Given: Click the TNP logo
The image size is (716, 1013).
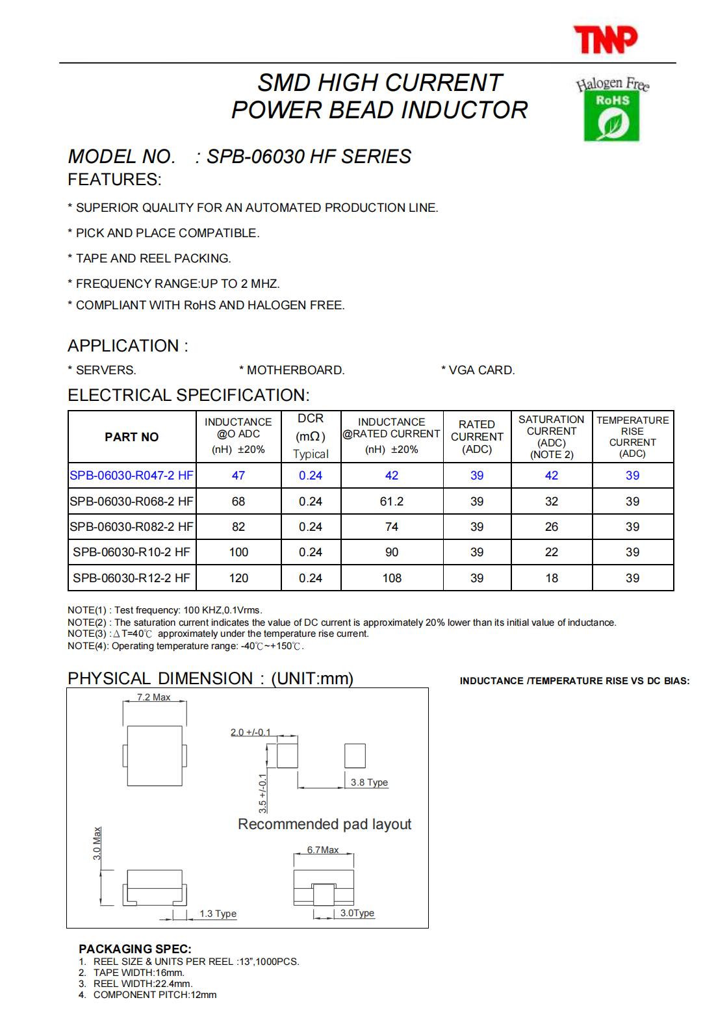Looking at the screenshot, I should point(605,40).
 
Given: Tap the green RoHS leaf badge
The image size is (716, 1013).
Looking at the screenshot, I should point(611,116).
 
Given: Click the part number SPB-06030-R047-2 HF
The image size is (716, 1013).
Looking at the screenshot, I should point(131,476).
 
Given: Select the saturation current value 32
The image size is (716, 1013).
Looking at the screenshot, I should point(552,502).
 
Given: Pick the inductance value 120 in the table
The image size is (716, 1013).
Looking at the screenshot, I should point(238,578).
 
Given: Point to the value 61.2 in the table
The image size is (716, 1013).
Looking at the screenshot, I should point(392,502).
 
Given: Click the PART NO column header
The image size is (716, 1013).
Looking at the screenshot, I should point(131,437).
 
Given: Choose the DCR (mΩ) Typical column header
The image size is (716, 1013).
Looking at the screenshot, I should point(311,436).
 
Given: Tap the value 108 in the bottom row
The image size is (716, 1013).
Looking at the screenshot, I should point(392,578).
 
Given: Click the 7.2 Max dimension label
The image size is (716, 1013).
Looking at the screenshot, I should point(153,698).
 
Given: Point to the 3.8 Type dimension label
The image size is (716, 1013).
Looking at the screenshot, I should point(369,783).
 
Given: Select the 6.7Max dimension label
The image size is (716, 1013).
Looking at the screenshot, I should point(323,851).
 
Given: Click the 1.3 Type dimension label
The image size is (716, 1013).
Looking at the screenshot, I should point(218,914).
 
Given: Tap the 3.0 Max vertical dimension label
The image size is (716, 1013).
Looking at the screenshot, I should point(97,843).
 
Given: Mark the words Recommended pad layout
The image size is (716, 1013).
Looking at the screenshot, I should point(324,825).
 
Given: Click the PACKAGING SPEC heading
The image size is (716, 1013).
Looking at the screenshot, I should point(135,949).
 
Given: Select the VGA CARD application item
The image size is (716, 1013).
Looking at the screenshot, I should point(478,370).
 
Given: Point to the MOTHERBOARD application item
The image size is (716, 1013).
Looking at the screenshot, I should point(292,370).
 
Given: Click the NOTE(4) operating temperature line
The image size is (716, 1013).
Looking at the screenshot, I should point(186,647).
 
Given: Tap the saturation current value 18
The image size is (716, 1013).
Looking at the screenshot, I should point(552,578).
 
